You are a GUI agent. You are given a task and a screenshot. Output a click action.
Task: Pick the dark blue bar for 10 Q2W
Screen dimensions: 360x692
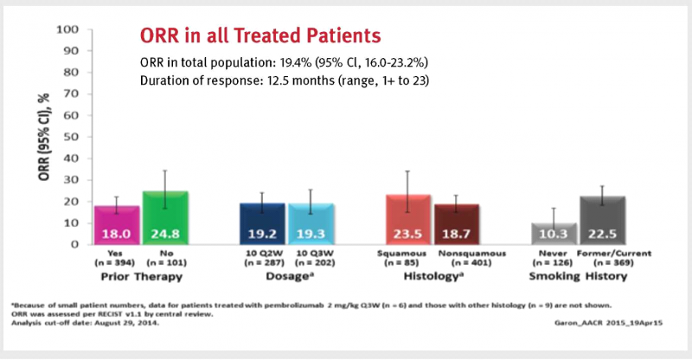260,223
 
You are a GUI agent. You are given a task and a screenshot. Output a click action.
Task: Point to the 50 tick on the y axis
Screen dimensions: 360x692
73,137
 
